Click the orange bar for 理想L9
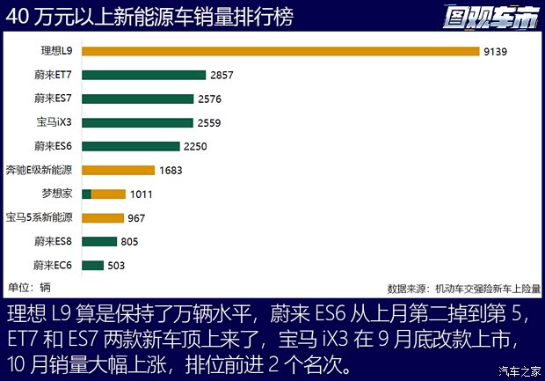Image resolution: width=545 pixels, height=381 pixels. coord(280,51)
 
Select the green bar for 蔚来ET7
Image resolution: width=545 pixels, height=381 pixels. coord(143,75)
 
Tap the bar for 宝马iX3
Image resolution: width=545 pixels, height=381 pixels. coord(136,122)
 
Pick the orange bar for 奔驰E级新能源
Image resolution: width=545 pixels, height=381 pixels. coord(117,170)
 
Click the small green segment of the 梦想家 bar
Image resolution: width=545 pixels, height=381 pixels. coord(86,194)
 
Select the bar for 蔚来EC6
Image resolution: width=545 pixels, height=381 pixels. coord(92,265)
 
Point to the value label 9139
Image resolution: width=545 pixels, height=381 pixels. coord(495,52)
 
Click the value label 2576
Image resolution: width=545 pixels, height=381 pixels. coord(209,99)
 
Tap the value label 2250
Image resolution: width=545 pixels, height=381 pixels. coord(195,146)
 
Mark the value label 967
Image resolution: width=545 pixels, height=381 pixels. coord(136,217)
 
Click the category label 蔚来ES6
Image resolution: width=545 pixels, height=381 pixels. coord(54,146)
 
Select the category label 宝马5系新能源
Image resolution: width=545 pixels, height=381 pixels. coord(40,217)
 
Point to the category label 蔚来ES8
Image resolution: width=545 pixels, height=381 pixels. coord(54,241)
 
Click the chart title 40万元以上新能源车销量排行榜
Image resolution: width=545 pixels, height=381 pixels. coord(150,16)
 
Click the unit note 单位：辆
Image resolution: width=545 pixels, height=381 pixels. coord(30,287)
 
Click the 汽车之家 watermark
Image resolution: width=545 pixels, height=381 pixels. coord(519,370)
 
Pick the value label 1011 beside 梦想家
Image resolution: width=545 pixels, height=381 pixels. coord(142,194)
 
